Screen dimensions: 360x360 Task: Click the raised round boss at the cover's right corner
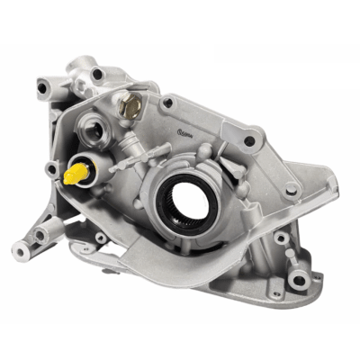[292, 191]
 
